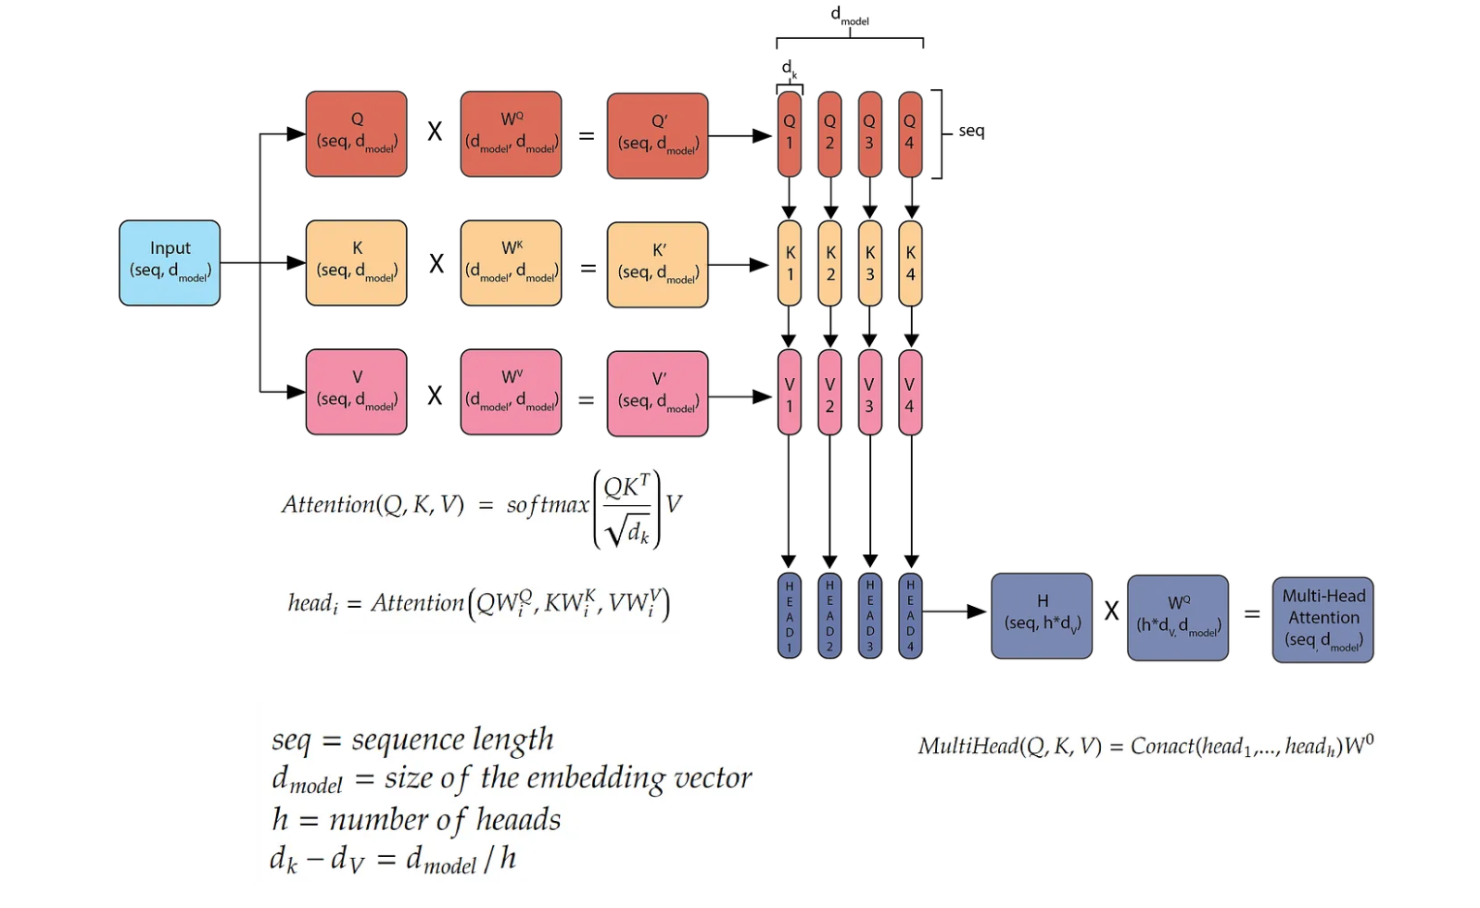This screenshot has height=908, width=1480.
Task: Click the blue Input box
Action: pyautogui.click(x=170, y=262)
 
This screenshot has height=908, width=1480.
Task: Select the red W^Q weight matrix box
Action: pyautogui.click(x=511, y=133)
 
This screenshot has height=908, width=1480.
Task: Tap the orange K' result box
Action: pyautogui.click(x=657, y=264)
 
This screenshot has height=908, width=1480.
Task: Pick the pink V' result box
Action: pyautogui.click(x=657, y=393)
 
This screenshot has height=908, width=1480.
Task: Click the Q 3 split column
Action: pyautogui.click(x=869, y=133)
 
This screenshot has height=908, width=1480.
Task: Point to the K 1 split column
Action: pyautogui.click(x=790, y=263)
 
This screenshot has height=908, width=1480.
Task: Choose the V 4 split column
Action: pyautogui.click(x=910, y=393)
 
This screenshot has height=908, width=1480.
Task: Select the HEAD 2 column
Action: pyautogui.click(x=829, y=615)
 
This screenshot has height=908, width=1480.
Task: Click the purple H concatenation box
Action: pyautogui.click(x=1042, y=615)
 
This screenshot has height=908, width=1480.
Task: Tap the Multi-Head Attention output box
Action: pyautogui.click(x=1322, y=619)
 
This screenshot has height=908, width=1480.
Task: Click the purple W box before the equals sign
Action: pyautogui.click(x=1178, y=617)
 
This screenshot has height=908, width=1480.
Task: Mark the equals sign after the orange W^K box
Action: pyautogui.click(x=588, y=269)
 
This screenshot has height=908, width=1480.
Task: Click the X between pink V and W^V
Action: pyautogui.click(x=435, y=396)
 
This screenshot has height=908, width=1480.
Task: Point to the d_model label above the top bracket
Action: pyautogui.click(x=849, y=15)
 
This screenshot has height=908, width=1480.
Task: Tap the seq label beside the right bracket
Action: pyautogui.click(x=971, y=131)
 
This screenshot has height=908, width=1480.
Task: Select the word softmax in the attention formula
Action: pyautogui.click(x=547, y=505)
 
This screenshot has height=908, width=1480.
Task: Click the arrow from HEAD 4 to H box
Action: pyautogui.click(x=955, y=612)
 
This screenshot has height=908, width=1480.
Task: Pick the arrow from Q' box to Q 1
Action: pyautogui.click(x=740, y=136)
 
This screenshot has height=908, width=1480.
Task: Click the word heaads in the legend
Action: pyautogui.click(x=518, y=820)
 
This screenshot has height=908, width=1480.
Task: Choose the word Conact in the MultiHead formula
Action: pyautogui.click(x=1163, y=746)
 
